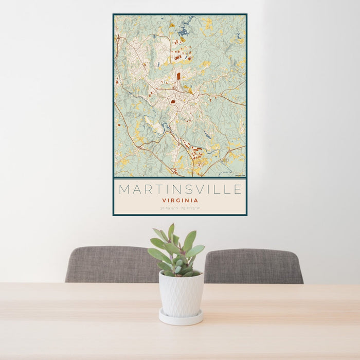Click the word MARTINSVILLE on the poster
coord(180,189)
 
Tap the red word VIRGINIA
coord(180,200)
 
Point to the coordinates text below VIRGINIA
coord(180,208)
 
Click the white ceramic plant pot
coord(181,294)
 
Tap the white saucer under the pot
coord(181,318)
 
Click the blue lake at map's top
coord(183,32)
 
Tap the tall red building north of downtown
coord(178,76)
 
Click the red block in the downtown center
coord(173,102)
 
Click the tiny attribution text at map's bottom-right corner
coord(239,175)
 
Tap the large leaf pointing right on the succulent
coord(195,250)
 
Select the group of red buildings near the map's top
coord(183,53)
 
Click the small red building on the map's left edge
coord(117,81)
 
